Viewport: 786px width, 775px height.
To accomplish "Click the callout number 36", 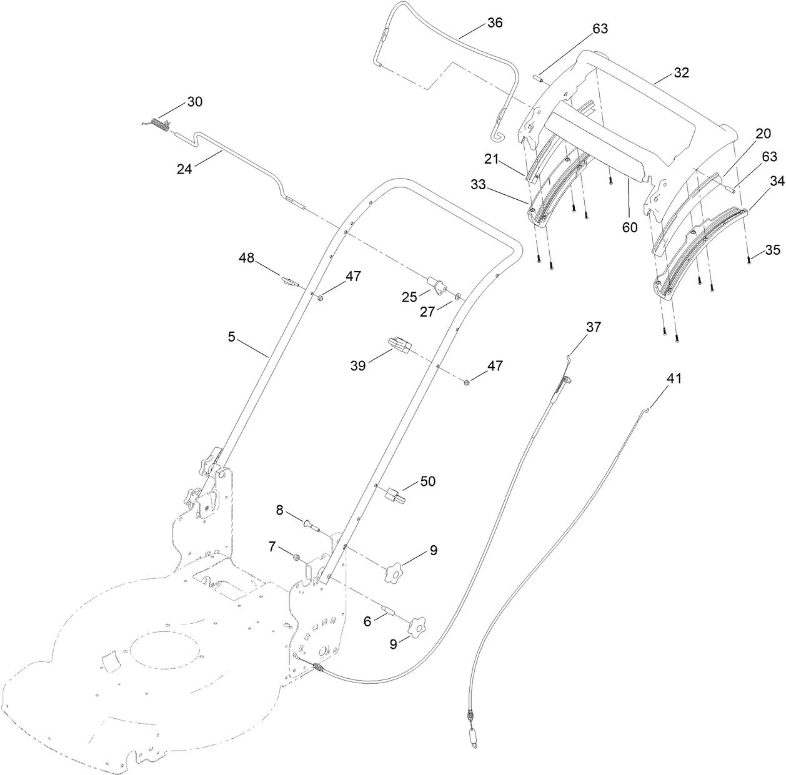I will coord(494,22).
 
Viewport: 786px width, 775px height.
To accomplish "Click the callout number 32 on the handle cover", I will coord(681,72).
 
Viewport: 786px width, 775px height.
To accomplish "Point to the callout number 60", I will coord(629,227).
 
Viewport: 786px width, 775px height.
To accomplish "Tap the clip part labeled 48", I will coord(287,281).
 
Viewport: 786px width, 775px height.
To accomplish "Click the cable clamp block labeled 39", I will coord(398,345).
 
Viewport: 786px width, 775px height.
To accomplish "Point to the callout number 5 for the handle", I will coord(231,337).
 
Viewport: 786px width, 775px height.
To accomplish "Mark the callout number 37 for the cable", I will coord(593,327).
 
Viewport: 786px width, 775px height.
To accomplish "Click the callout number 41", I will coord(675,378).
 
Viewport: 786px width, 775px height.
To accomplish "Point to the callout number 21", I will coord(491,159).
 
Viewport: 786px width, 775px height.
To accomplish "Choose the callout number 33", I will coord(495,185).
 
